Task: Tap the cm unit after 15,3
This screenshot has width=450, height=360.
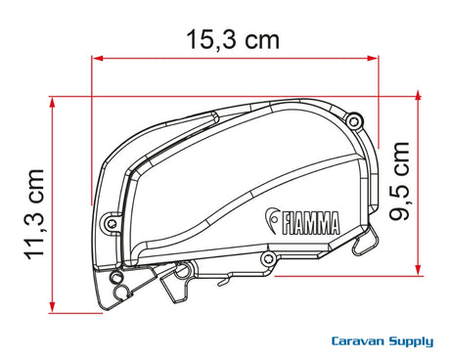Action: coord(262,41)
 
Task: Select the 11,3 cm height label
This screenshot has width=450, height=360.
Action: coord(35,214)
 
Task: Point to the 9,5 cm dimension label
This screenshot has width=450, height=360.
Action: coord(399,181)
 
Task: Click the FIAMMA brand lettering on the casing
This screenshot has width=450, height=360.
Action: coord(310,223)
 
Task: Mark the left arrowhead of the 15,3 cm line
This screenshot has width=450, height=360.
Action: coord(97,59)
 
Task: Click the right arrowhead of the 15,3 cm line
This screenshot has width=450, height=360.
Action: coord(373,59)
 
